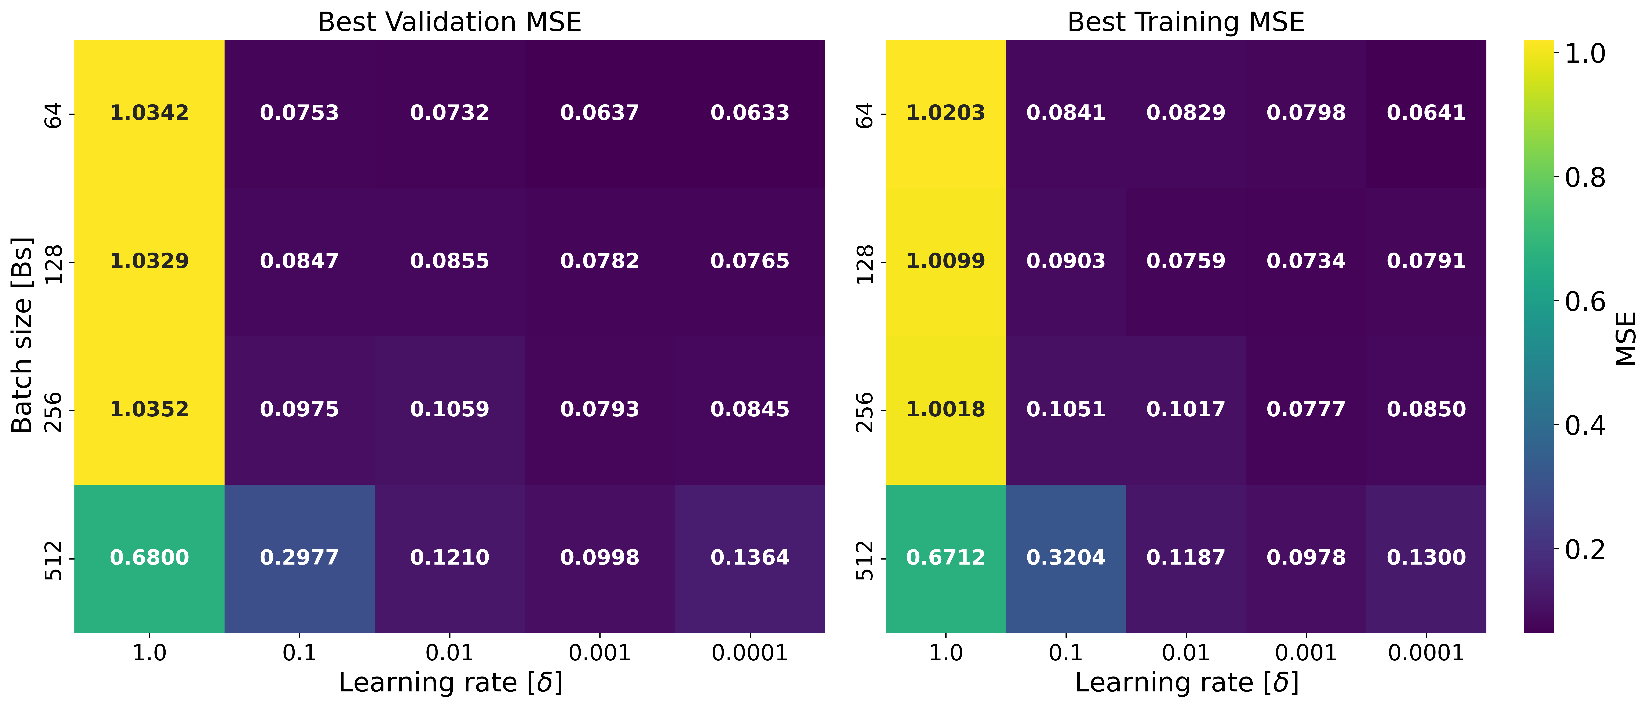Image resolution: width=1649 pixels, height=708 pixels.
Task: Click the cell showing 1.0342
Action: tap(149, 113)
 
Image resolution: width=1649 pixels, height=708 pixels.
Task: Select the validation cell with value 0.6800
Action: tap(149, 558)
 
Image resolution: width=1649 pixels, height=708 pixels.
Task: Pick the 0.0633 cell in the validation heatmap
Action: tap(750, 113)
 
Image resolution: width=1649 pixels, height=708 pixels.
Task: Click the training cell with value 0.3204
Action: tap(1066, 558)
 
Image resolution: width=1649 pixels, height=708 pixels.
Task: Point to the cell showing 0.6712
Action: tap(945, 558)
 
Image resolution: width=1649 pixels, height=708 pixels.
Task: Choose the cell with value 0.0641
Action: tap(1426, 113)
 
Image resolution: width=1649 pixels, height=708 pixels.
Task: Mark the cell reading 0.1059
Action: tap(449, 409)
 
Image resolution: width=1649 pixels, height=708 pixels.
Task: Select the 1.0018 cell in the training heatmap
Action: tap(945, 409)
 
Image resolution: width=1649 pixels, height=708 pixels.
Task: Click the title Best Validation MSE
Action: tap(449, 22)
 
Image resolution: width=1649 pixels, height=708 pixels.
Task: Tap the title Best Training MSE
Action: tap(1186, 22)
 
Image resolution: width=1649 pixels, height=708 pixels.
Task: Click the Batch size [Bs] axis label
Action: tap(22, 336)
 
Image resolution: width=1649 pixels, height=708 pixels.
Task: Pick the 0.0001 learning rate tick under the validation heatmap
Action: tap(750, 653)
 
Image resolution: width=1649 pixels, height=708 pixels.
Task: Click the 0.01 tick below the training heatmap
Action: tap(1186, 653)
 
